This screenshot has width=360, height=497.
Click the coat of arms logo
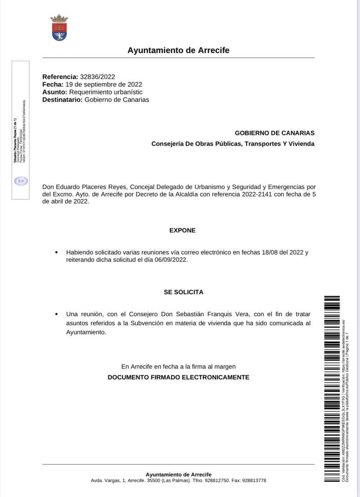tap(59, 28)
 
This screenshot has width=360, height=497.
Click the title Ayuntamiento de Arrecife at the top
tap(178, 50)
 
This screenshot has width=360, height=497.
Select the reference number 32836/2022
tap(97, 77)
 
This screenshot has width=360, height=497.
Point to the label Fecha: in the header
tap(53, 85)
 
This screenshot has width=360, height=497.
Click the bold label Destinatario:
tap(63, 100)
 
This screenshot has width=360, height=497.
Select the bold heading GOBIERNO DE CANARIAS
tap(274, 133)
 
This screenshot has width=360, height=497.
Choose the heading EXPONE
tap(182, 230)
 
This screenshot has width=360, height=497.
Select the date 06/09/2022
tap(170, 260)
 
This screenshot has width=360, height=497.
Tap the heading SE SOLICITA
tap(183, 292)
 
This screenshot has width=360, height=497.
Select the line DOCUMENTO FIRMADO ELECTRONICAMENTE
tap(178, 377)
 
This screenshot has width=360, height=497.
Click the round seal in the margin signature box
tap(21, 181)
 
